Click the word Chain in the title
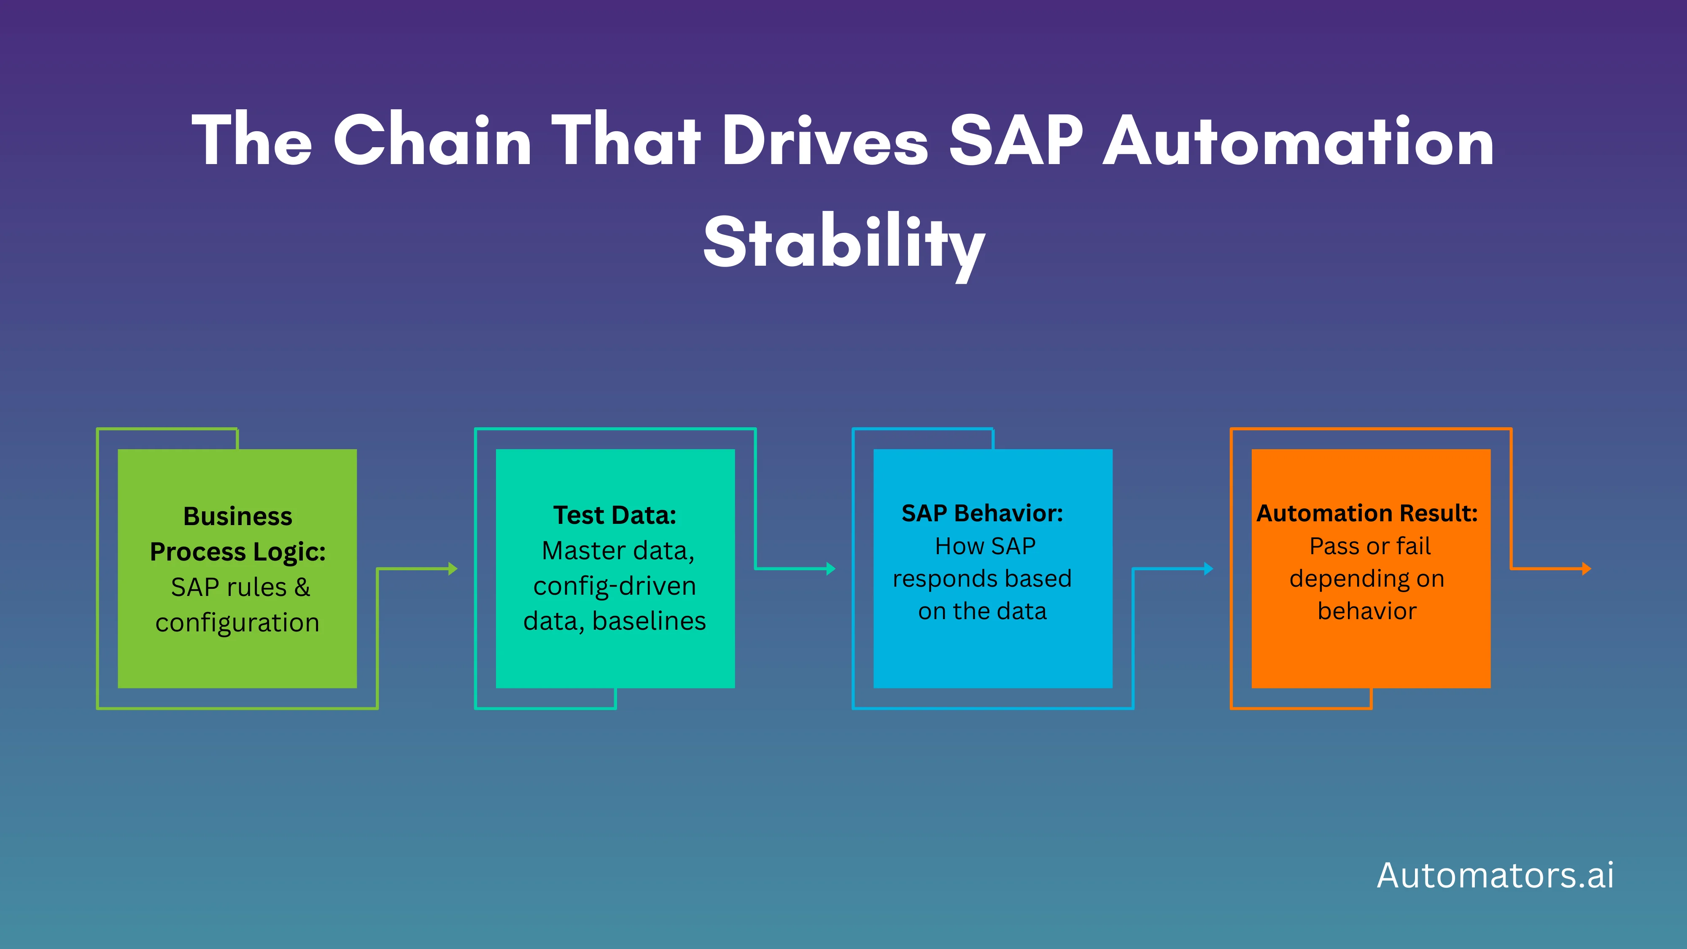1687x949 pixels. pyautogui.click(x=432, y=140)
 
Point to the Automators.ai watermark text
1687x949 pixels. pyautogui.click(x=1495, y=875)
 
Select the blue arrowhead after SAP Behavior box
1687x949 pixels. pyautogui.click(x=1208, y=569)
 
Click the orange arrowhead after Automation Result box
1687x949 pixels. pyautogui.click(x=1586, y=569)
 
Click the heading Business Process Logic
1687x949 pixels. pyautogui.click(x=238, y=534)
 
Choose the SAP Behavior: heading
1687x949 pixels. pyautogui.click(x=982, y=513)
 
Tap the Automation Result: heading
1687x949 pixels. pyautogui.click(x=1367, y=513)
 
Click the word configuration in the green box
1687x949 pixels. pyautogui.click(x=237, y=622)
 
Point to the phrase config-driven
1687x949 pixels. pyautogui.click(x=614, y=585)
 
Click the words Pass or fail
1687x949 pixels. pyautogui.click(x=1370, y=545)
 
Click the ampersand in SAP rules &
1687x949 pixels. pyautogui.click(x=302, y=587)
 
